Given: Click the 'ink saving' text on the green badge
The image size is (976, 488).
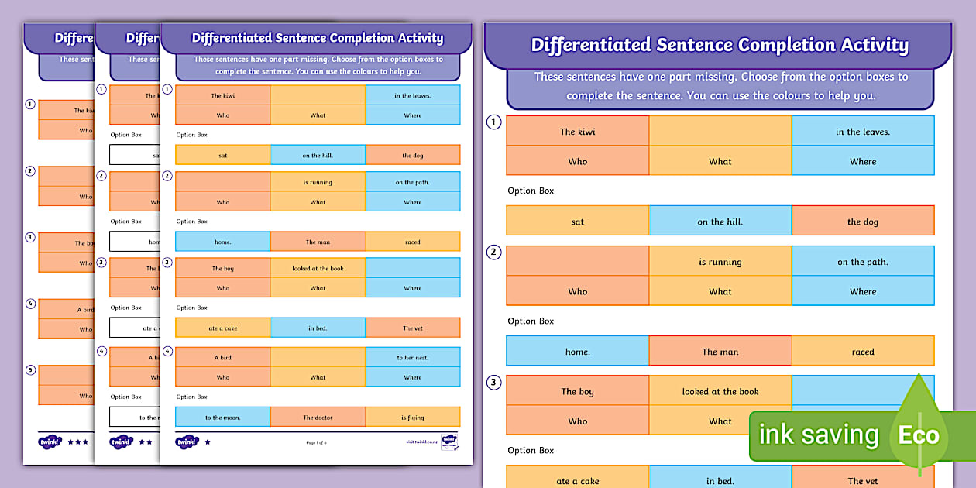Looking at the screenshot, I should click(x=819, y=435).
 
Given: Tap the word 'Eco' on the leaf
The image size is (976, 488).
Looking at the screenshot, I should click(x=919, y=435).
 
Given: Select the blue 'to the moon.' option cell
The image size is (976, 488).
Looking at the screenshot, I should click(x=222, y=418).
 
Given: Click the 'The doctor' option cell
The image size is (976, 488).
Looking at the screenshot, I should click(x=318, y=418).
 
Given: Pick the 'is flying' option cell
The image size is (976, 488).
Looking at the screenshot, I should click(x=412, y=418).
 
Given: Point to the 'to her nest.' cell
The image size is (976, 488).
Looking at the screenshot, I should click(x=412, y=358).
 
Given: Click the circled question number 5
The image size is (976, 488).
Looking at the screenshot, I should click(x=30, y=370).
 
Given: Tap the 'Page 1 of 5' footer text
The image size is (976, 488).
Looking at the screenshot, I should click(x=318, y=442).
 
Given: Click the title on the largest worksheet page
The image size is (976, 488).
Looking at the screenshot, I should click(x=719, y=45).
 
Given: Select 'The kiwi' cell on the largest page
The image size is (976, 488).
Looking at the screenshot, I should click(x=578, y=132).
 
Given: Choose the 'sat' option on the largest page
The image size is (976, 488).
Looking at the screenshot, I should click(x=578, y=222).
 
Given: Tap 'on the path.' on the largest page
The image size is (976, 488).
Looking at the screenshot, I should click(x=862, y=262).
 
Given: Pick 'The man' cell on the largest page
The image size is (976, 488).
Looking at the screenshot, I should click(x=720, y=352).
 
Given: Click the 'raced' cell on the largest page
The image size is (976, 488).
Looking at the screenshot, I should click(x=862, y=352).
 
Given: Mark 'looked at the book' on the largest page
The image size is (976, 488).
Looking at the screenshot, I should click(x=720, y=392).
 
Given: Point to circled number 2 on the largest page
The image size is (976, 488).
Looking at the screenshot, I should click(x=493, y=253).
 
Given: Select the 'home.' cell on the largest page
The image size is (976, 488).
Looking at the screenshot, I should click(x=578, y=352).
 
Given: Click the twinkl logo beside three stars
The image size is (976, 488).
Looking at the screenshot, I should click(x=49, y=442).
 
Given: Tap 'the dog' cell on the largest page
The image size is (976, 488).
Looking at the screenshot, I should click(x=862, y=222).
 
